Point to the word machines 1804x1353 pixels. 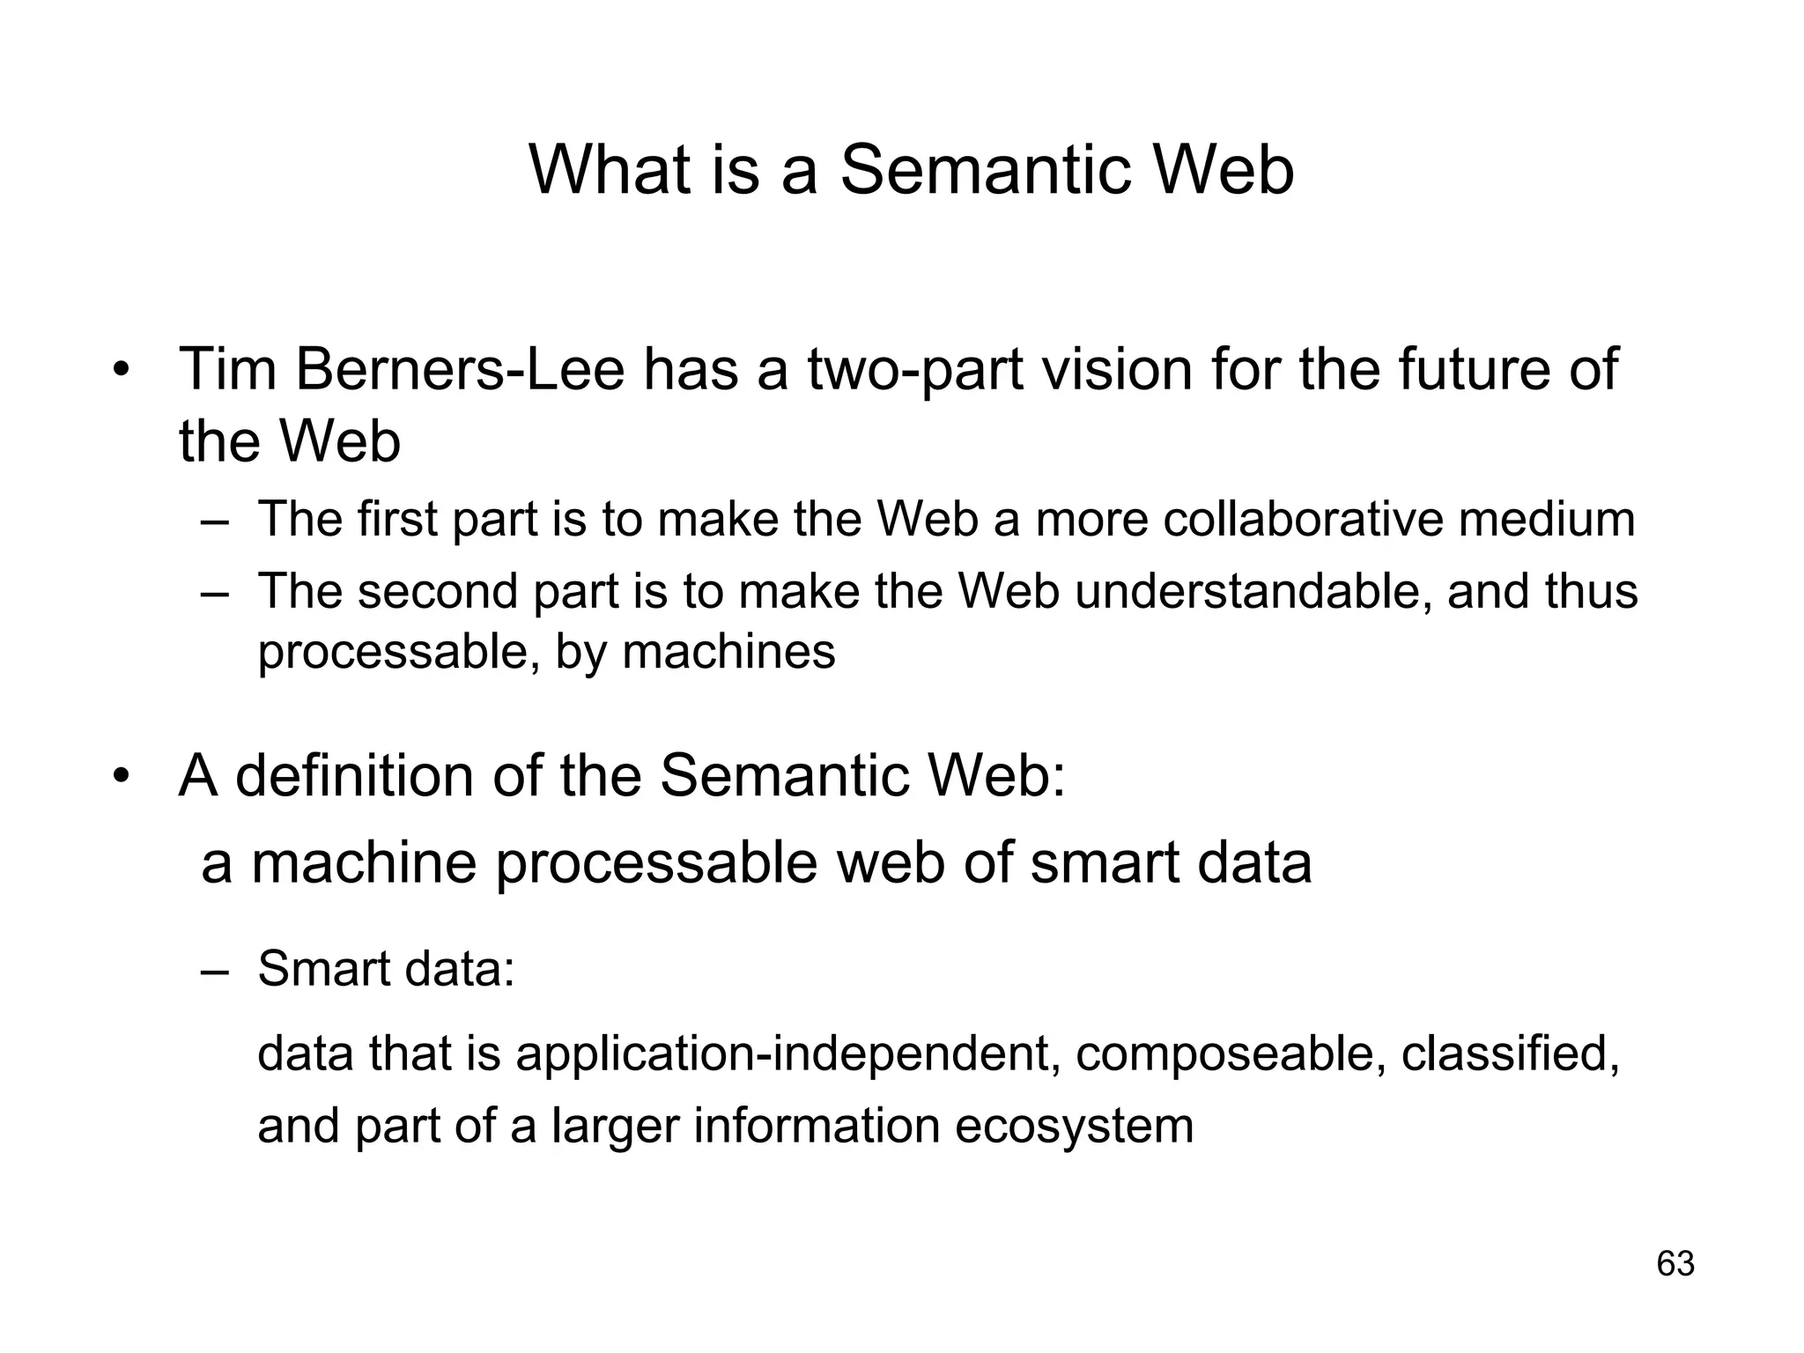coord(728,653)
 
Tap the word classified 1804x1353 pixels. coord(1509,1054)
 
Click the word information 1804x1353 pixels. coord(817,1127)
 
